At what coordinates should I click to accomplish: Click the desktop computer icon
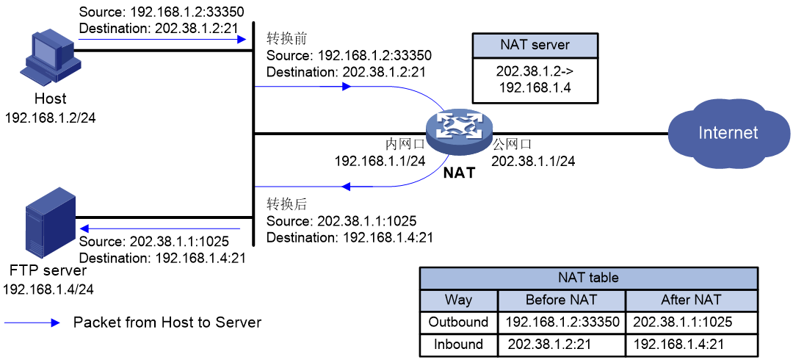click(50, 57)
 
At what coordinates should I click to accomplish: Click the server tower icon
click(50, 222)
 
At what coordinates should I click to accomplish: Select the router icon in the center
click(459, 132)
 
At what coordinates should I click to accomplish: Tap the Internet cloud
click(727, 132)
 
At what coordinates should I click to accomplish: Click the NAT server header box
click(535, 45)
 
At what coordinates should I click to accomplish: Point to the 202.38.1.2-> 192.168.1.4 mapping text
click(535, 80)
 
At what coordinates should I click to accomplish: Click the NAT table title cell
click(588, 278)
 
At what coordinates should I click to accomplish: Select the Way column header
click(459, 300)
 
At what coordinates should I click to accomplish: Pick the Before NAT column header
click(562, 300)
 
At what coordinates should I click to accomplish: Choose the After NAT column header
click(691, 300)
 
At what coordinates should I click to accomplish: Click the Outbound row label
click(459, 322)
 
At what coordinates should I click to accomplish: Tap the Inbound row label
click(459, 344)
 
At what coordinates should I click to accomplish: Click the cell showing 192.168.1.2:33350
click(562, 322)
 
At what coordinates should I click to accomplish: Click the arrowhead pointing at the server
click(84, 228)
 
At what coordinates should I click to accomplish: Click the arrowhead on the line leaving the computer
click(242, 39)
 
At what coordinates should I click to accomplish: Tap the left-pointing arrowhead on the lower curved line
click(346, 187)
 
